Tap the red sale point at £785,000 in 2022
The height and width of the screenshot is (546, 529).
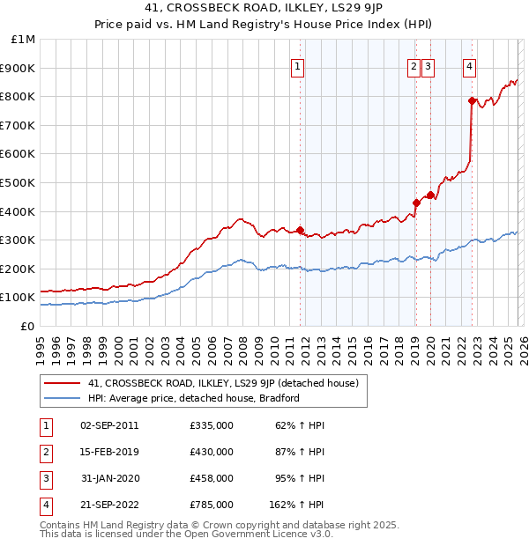tap(472, 100)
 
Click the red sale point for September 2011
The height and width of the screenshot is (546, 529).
tap(300, 230)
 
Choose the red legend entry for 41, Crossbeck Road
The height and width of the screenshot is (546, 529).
tap(222, 383)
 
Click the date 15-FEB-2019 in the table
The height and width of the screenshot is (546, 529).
tap(108, 452)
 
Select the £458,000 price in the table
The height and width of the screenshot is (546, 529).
tap(211, 478)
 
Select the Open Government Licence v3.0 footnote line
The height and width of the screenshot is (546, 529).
tap(186, 534)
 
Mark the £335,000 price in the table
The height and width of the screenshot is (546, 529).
tap(211, 425)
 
